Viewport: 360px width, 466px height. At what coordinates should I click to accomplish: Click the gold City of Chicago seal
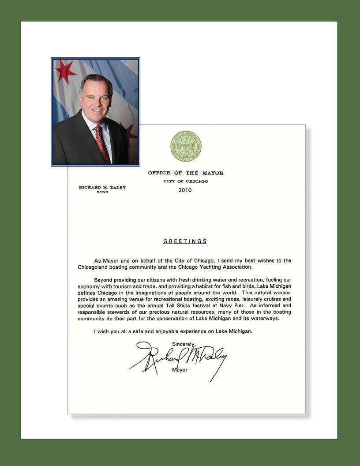pos(186,146)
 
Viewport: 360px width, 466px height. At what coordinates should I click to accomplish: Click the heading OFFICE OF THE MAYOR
pos(186,173)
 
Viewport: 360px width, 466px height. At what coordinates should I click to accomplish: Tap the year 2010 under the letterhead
pos(186,191)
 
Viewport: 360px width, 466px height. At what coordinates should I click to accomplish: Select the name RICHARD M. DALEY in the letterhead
pos(102,188)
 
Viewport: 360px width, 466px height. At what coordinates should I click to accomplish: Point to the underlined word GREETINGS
pos(185,241)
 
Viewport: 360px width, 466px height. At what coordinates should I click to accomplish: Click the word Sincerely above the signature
pos(184,344)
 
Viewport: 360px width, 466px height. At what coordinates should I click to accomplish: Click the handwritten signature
pos(176,357)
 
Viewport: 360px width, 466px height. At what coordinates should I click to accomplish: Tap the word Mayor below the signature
pos(180,370)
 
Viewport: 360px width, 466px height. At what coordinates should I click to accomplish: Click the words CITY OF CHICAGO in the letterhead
pos(186,181)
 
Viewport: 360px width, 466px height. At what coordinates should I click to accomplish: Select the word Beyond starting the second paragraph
pos(104,280)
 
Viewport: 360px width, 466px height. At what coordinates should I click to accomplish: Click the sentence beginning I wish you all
pos(173,331)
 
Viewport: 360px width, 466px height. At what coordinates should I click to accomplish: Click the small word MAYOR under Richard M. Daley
pos(102,192)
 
